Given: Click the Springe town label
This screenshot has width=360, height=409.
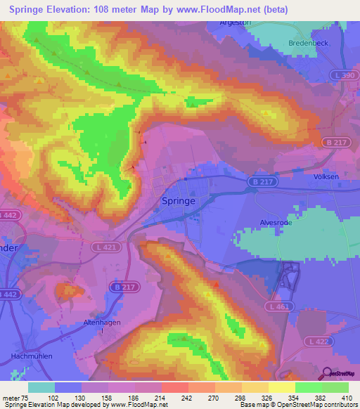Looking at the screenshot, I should point(188,200).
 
